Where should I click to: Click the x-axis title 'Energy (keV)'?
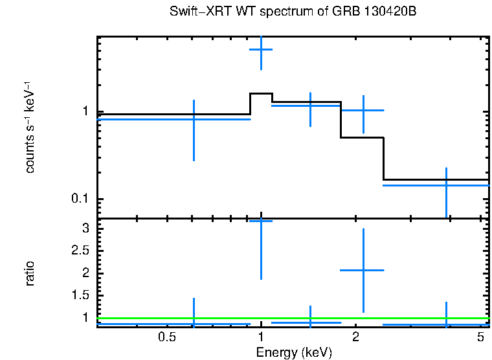coord(294,352)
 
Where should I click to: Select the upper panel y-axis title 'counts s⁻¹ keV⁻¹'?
coord(30,128)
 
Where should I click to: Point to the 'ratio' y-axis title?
coord(30,274)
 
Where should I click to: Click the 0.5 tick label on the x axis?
coord(167,337)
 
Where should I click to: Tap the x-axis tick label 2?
coord(355,337)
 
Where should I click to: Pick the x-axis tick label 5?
coord(480,337)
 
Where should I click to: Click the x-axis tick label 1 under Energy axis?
coord(261,337)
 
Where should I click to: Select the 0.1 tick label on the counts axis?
coord(79,199)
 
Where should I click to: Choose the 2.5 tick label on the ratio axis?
coord(79,251)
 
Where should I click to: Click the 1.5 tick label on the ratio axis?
coord(79,295)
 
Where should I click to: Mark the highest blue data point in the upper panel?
coord(261,49)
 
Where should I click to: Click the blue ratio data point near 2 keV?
coord(363,270)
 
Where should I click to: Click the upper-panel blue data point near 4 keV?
coord(446,185)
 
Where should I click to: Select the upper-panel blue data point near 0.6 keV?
coord(194,119)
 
